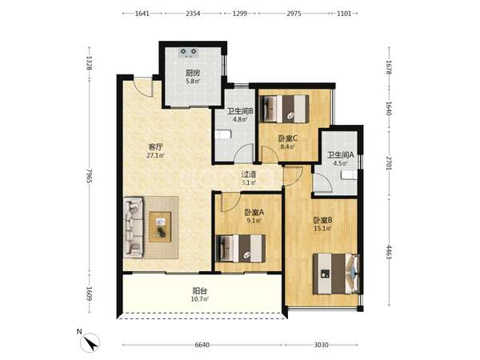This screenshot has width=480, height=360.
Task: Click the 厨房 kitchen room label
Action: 193,73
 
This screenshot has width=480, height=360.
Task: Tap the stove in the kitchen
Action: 188,52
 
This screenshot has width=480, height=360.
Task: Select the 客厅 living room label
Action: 155,147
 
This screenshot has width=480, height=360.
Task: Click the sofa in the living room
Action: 134,227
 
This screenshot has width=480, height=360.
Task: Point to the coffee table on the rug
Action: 160,227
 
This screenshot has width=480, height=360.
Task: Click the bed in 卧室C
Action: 284,109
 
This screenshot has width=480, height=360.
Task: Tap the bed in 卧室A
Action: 241,248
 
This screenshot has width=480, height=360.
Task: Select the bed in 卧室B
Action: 336,274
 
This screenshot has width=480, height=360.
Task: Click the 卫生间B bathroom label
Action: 240,111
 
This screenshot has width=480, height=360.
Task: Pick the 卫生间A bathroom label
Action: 341,155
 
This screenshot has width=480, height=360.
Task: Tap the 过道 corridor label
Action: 249,174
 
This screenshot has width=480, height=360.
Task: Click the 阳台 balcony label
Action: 199,291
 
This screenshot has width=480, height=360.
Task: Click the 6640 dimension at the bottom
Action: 202,345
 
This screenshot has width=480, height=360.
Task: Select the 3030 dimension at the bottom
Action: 321,345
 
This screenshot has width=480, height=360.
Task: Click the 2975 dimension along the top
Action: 294,14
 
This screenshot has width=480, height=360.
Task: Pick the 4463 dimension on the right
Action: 389,252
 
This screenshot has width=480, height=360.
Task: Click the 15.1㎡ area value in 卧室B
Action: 322,228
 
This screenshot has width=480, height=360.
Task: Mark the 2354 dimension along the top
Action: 193,14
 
